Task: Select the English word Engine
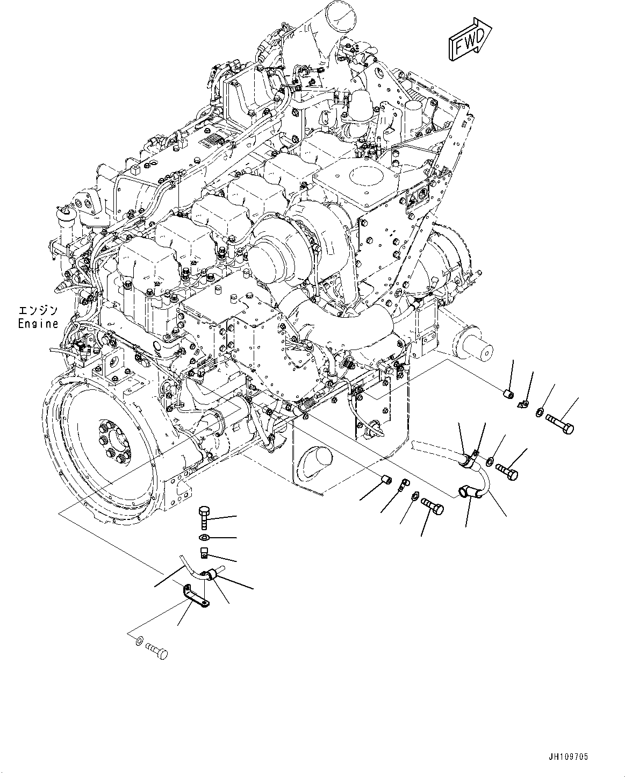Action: (38, 324)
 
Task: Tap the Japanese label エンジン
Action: (38, 311)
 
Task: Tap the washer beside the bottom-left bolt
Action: (139, 640)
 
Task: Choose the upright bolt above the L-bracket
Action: (204, 517)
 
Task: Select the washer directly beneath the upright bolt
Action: (204, 538)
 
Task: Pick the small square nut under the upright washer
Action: (204, 552)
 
